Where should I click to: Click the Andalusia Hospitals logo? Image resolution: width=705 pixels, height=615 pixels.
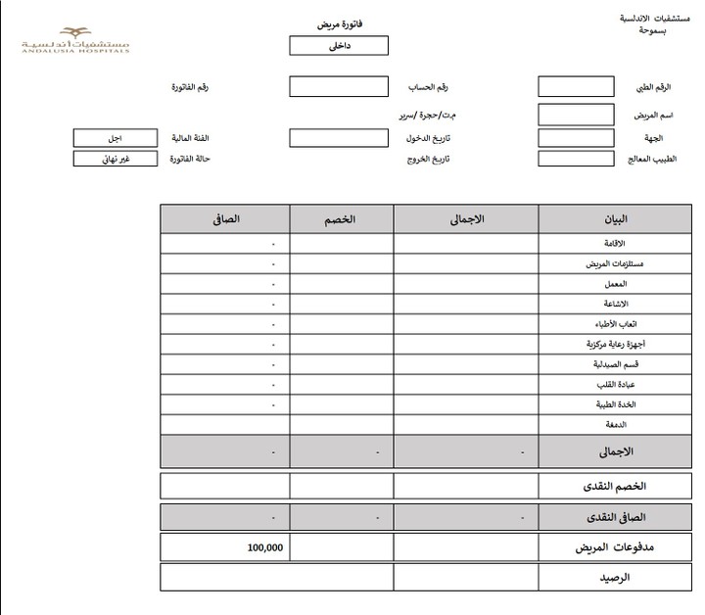pos(78,40)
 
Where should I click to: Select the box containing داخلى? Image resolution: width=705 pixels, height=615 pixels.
pos(340,46)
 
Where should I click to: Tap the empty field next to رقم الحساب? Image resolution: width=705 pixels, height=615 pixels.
pos(339,86)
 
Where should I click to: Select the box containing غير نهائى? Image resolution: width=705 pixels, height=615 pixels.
pos(115,159)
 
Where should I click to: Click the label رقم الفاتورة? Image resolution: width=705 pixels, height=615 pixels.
pos(190,88)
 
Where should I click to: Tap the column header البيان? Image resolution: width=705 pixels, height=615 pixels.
pos(613,218)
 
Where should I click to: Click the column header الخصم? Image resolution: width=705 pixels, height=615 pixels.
pos(341,218)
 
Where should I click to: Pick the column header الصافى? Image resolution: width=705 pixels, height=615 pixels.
pos(224,218)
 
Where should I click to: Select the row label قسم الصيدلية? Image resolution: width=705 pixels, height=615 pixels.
pos(607,364)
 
